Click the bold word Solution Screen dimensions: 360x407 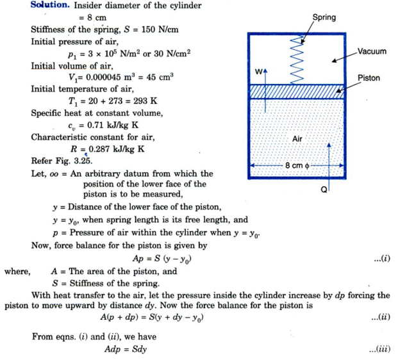49,6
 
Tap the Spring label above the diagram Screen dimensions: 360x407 324,17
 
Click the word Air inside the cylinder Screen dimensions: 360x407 297,138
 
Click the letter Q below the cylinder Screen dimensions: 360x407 324,189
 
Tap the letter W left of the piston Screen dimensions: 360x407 258,72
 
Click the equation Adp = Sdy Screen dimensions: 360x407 129,350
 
